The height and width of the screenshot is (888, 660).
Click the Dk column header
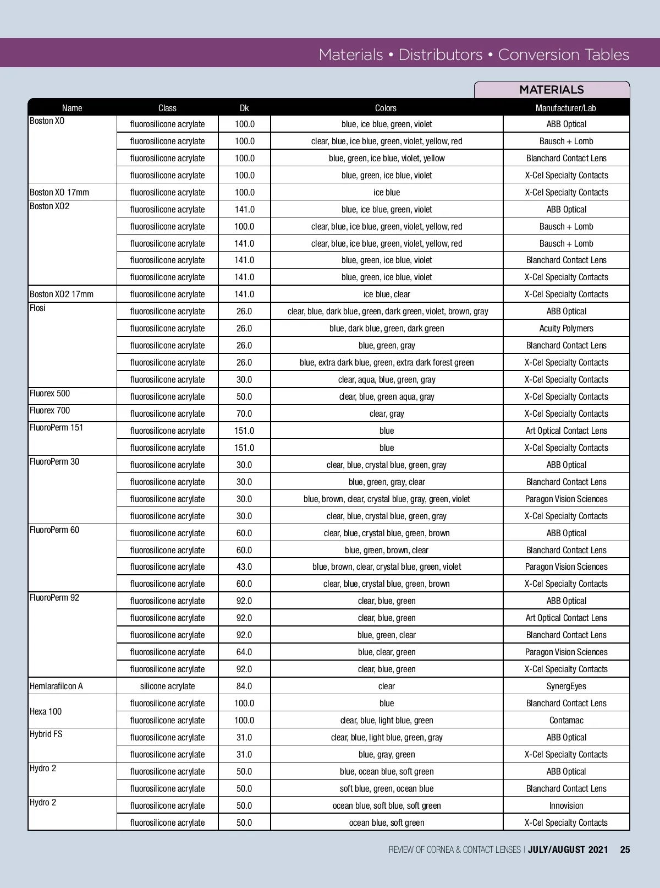244,108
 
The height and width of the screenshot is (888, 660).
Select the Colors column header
386,108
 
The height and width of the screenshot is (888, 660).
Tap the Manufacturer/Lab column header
566,108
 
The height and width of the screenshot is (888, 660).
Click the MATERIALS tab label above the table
551,90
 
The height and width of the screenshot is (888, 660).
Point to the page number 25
625,849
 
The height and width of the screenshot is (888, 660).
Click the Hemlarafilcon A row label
56,686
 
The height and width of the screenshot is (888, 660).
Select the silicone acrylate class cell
167,686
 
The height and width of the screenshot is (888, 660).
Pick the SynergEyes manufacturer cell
566,686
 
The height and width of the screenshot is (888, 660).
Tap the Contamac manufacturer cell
566,720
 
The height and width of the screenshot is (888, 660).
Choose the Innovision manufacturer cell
566,805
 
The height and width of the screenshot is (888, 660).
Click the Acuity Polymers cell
566,328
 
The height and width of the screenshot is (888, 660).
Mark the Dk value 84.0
244,686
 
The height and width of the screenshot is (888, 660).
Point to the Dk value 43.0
244,566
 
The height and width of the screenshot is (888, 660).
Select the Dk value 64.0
244,652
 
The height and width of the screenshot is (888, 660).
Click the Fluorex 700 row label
50,410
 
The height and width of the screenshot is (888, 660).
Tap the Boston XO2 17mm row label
61,294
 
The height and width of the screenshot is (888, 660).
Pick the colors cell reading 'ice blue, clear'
387,294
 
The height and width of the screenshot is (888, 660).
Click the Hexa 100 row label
46,711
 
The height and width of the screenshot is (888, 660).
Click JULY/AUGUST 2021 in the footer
568,849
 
